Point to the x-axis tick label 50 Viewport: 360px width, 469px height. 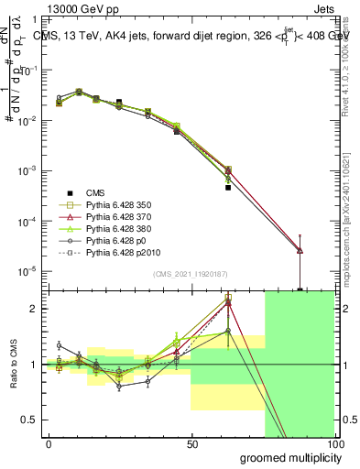click(191, 443)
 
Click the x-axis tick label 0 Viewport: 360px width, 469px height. click(49, 443)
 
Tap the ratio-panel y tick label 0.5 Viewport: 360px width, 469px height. click(29, 420)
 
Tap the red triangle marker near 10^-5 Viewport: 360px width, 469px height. click(300, 250)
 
